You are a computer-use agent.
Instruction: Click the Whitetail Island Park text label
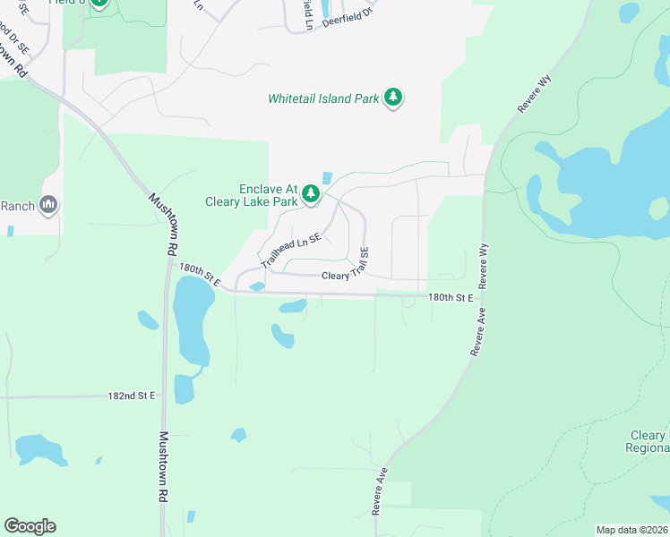(x=323, y=98)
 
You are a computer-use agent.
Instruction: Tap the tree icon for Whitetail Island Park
(x=392, y=98)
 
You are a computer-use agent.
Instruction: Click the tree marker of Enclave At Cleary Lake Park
(x=311, y=193)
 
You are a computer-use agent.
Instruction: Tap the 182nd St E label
(x=131, y=395)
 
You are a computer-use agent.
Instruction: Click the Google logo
(x=30, y=526)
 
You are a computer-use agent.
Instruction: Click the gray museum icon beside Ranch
(x=48, y=206)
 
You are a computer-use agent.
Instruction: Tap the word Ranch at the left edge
(x=17, y=206)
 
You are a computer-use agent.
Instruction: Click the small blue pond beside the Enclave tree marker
(x=325, y=177)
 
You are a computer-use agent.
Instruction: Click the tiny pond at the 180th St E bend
(x=257, y=286)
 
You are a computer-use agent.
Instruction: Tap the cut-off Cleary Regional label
(x=648, y=440)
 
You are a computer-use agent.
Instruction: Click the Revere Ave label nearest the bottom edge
(x=380, y=490)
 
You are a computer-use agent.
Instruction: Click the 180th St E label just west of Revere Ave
(x=450, y=296)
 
